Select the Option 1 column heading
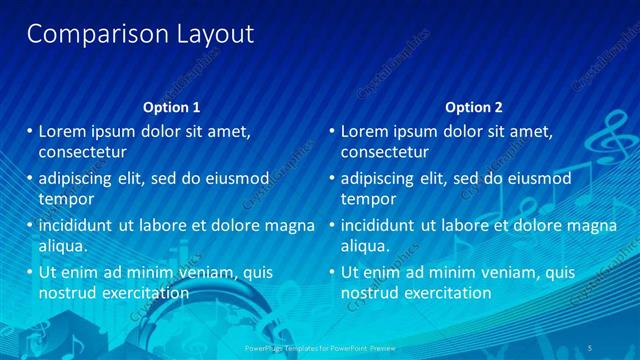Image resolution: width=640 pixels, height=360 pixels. (x=172, y=107)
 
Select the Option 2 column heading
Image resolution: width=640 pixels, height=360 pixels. (x=474, y=107)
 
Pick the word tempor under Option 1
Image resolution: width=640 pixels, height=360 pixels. (x=65, y=199)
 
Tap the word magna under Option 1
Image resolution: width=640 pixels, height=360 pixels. (x=289, y=225)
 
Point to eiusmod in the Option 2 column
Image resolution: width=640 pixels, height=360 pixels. (x=532, y=179)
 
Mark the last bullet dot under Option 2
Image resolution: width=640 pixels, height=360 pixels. (x=331, y=271)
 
